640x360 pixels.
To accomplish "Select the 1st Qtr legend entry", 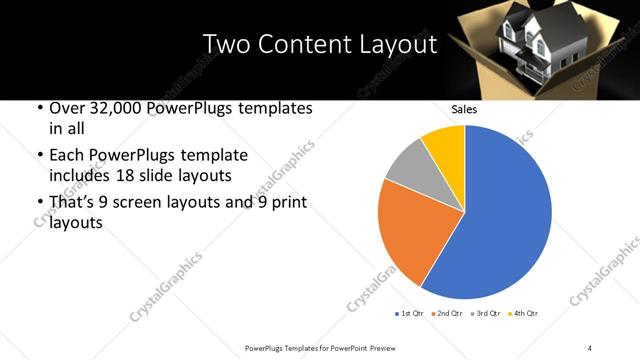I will (411, 314).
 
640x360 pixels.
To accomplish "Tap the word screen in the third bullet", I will (148, 203).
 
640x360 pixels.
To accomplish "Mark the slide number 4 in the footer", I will (590, 346).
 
